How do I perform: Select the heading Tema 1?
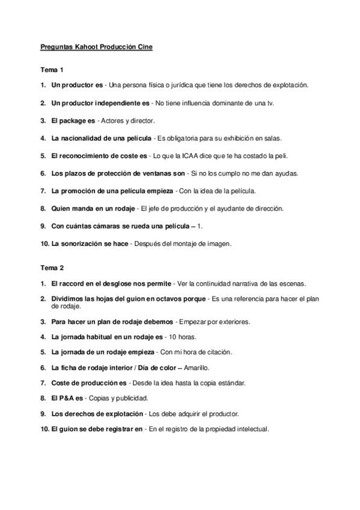(52, 70)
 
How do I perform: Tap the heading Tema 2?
(52, 267)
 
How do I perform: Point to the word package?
(74, 120)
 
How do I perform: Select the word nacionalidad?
(81, 138)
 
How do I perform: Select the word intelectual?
(251, 429)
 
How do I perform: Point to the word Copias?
(106, 398)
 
